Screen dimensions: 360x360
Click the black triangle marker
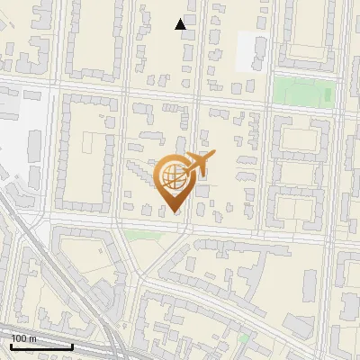tap(181, 24)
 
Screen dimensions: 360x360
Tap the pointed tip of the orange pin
tap(174, 212)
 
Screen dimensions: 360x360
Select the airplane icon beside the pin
tap(199, 166)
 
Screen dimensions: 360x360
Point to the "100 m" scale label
tap(23, 337)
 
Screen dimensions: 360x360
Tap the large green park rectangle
tap(303, 90)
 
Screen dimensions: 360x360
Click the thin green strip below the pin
tap(140, 235)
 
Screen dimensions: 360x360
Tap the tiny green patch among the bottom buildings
tap(243, 338)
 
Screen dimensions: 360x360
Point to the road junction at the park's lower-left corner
tap(269, 107)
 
